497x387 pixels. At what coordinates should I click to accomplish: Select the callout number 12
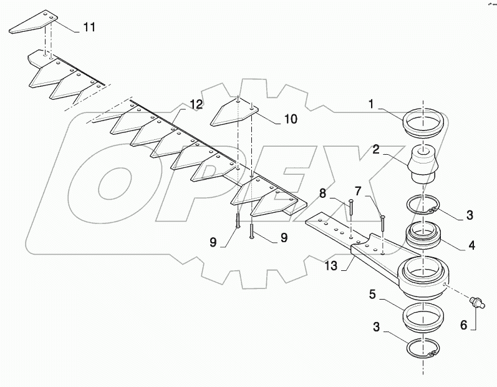click(195, 105)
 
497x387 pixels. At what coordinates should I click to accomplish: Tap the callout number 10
click(290, 118)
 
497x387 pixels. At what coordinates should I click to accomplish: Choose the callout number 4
click(470, 246)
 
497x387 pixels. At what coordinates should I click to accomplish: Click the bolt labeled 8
click(352, 218)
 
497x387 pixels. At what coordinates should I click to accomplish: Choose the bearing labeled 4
click(425, 237)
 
